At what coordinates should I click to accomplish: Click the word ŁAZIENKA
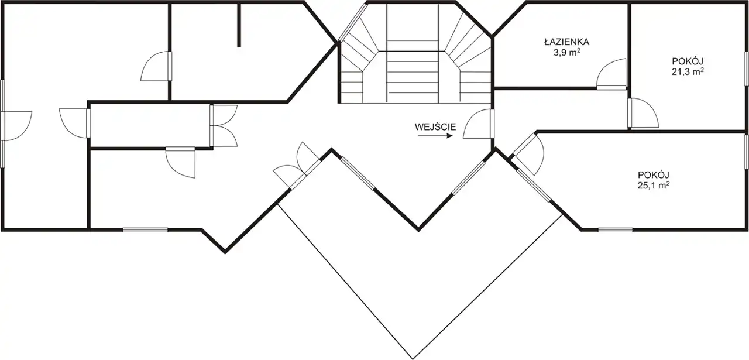[x=566, y=42]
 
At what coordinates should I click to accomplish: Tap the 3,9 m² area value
[x=566, y=53]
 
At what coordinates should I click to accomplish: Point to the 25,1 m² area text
[x=654, y=186]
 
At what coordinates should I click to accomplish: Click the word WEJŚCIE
[x=435, y=127]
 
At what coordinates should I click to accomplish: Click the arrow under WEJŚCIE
[x=435, y=136]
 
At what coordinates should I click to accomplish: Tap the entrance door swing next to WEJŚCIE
[x=477, y=124]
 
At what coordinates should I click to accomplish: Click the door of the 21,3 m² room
[x=643, y=113]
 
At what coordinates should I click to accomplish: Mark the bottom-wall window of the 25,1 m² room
[x=615, y=230]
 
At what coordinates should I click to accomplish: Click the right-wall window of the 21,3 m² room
[x=747, y=68]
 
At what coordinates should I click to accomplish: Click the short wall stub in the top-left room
[x=239, y=25]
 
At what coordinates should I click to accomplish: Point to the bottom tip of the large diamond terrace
[x=413, y=359]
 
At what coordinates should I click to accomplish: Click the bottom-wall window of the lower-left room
[x=145, y=230]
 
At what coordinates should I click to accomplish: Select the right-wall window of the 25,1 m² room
[x=747, y=151]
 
